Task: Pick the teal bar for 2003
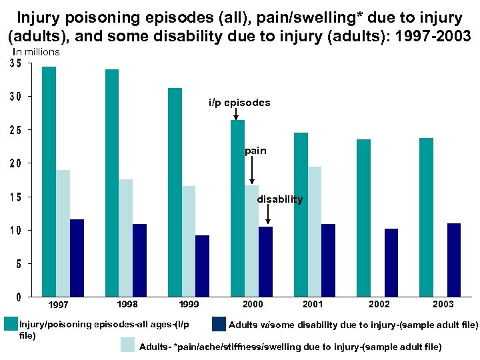coord(426,217)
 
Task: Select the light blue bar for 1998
coord(126,237)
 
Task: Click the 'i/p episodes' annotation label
coord(239,103)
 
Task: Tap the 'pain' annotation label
coord(255,151)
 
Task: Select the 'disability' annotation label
coord(279,199)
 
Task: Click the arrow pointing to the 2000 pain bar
coord(252,171)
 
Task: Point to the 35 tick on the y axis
coord(15,64)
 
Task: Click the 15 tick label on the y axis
coord(15,197)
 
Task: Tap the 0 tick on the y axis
coord(19,297)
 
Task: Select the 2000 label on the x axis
coord(253,304)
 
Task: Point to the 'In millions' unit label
coord(36,52)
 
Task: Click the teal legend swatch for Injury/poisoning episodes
coord(10,325)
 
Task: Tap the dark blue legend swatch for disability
coord(219,325)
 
